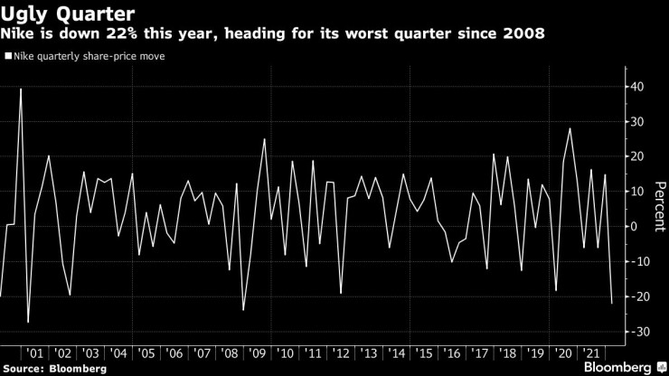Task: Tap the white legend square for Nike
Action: [7, 56]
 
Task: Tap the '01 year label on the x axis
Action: [35, 352]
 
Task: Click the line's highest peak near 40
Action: [20, 89]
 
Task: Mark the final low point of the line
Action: [611, 303]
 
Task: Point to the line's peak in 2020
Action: [570, 128]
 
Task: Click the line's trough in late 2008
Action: [243, 310]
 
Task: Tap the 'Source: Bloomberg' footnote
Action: [55, 368]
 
